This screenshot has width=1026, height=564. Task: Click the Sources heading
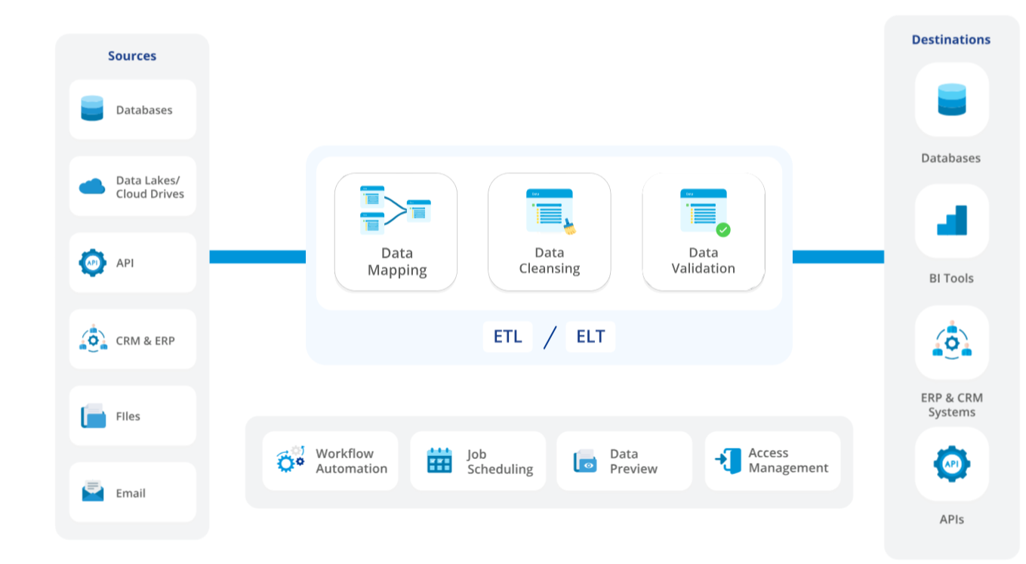click(x=132, y=56)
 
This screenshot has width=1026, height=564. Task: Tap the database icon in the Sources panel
click(x=92, y=109)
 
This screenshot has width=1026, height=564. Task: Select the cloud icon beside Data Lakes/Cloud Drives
click(x=92, y=186)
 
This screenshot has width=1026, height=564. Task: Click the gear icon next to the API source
click(x=92, y=263)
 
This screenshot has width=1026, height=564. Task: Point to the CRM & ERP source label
click(x=145, y=341)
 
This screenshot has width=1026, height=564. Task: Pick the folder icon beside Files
click(x=93, y=416)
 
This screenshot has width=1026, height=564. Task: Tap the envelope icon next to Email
click(x=92, y=492)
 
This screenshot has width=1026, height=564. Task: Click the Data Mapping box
click(x=396, y=232)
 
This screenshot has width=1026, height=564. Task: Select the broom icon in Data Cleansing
click(x=569, y=227)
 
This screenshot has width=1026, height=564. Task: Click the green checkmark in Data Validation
click(x=723, y=230)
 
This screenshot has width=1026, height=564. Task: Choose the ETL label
click(x=507, y=337)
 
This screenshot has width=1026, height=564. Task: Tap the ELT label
click(x=590, y=337)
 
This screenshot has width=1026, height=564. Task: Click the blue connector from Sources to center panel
click(x=257, y=257)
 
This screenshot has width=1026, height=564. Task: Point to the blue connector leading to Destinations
click(x=838, y=257)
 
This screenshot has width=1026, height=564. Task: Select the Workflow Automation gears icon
click(x=290, y=459)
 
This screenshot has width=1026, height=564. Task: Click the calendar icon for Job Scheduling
click(x=439, y=461)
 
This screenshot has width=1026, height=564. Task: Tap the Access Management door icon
click(x=729, y=460)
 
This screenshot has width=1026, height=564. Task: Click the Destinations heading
click(x=951, y=40)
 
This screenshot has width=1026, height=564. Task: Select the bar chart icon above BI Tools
click(x=952, y=220)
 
